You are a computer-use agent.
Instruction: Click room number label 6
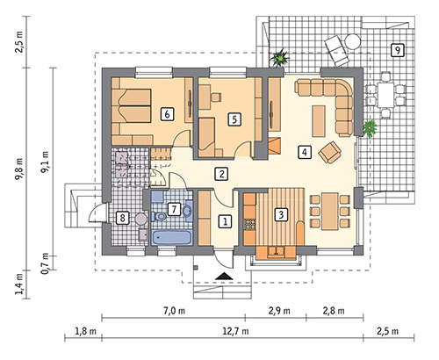167,114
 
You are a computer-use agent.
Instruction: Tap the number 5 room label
234,119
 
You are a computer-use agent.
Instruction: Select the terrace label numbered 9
398,50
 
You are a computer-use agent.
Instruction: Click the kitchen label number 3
281,214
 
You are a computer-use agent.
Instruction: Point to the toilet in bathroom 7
159,217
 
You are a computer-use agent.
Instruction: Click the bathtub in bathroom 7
172,237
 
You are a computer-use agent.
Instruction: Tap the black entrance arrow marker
224,276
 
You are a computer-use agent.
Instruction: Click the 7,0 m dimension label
174,311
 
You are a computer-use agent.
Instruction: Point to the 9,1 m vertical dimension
47,162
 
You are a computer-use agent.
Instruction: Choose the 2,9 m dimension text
279,311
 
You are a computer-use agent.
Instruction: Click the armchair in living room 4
330,152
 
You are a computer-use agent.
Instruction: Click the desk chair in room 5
216,97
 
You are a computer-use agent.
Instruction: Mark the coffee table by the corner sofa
319,121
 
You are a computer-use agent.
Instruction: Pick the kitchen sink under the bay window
276,251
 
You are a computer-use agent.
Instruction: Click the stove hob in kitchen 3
249,225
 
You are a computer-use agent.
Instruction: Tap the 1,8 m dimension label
85,331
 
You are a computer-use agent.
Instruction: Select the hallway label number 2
221,174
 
